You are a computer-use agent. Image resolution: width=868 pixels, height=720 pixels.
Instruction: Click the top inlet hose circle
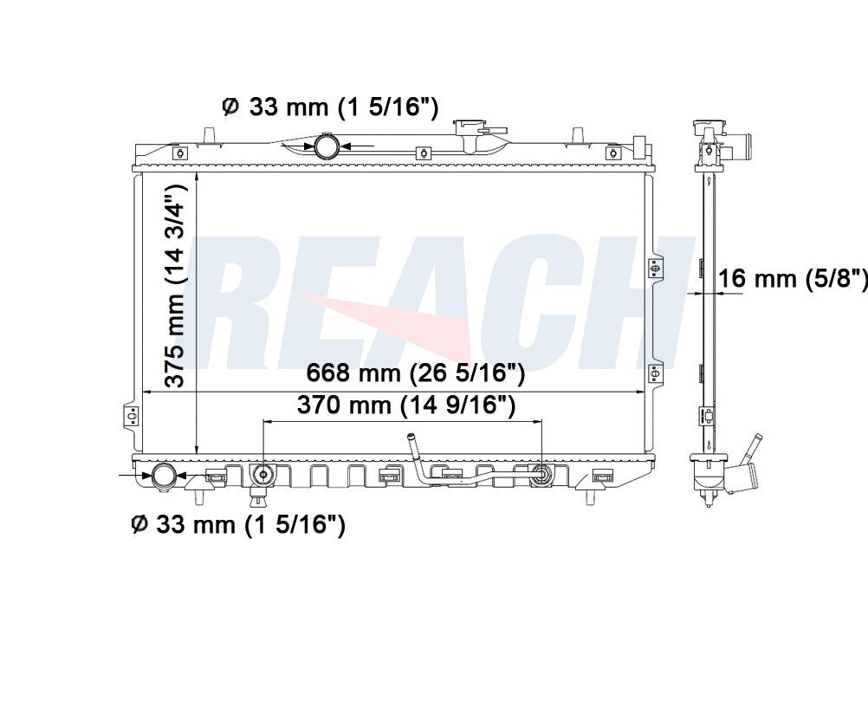point(327,146)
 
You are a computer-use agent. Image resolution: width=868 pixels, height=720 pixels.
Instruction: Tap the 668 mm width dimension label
point(415,374)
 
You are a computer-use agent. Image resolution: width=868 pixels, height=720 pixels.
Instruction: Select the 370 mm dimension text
point(406,404)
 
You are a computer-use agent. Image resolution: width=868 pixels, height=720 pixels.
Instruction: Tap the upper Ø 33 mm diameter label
point(330,107)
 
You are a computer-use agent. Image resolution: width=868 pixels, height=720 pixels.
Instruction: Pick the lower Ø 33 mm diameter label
point(237,524)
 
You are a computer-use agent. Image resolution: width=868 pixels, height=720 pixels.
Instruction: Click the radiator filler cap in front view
point(472,130)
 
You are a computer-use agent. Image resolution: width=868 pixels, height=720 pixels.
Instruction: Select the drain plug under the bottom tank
point(257,498)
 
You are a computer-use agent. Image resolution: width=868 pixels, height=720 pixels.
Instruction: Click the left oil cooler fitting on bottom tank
point(262,474)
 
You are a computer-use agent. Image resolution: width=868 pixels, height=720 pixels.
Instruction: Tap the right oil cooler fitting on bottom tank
point(541,474)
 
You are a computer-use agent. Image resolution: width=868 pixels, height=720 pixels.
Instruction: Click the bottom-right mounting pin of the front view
point(591,496)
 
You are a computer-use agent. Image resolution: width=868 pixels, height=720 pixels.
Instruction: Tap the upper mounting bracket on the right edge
point(655,269)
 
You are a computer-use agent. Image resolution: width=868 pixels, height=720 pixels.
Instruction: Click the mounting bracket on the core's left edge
point(131,415)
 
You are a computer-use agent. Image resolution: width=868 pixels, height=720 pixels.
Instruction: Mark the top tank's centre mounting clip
point(424,153)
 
